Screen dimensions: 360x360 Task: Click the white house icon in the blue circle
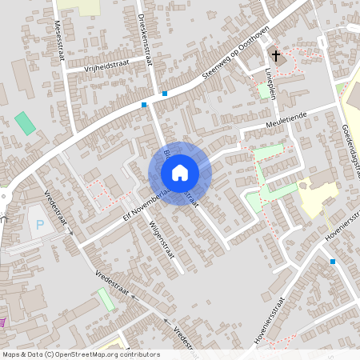pyautogui.click(x=180, y=173)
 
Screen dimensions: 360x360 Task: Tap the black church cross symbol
pyautogui.click(x=277, y=57)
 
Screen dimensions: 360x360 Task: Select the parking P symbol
pyautogui.click(x=40, y=224)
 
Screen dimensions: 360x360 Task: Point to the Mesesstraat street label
pyautogui.click(x=59, y=34)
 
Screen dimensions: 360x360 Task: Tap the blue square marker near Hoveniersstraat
pyautogui.click(x=333, y=261)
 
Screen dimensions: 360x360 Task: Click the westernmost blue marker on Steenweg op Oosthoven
pyautogui.click(x=144, y=105)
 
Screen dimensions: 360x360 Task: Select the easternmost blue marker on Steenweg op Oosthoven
pyautogui.click(x=165, y=94)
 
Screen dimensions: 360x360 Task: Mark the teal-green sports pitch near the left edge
pyautogui.click(x=25, y=123)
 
